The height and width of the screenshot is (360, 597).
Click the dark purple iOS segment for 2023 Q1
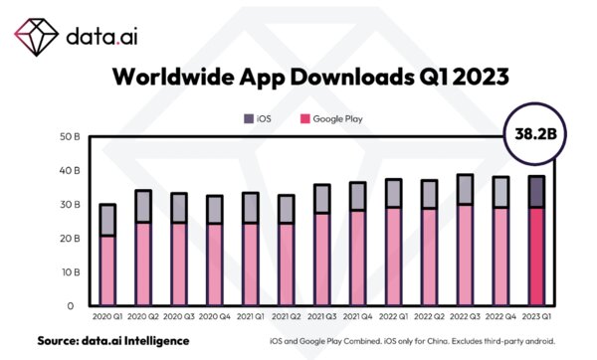pos(535,191)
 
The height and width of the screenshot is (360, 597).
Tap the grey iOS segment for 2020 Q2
pos(143,206)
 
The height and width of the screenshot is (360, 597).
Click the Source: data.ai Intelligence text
pos(112,341)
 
